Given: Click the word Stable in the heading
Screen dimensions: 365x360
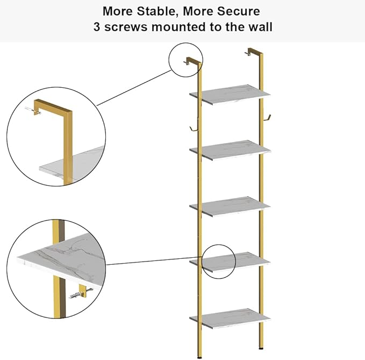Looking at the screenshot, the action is tap(156, 11).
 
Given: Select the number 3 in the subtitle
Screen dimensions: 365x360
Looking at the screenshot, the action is tap(97, 27).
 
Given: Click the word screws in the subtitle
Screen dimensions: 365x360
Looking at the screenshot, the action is tap(126, 27).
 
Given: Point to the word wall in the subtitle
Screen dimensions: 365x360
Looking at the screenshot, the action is tap(260, 27).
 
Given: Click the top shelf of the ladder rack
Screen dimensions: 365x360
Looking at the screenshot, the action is tap(230, 95).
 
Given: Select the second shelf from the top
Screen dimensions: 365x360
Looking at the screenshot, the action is tap(230, 150).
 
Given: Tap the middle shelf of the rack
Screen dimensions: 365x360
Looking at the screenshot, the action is tap(230, 207).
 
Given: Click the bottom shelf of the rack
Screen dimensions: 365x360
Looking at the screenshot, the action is tap(230, 319).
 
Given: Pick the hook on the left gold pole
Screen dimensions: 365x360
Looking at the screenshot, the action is tap(193, 129).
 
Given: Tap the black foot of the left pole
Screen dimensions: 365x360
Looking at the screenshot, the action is tap(199, 357).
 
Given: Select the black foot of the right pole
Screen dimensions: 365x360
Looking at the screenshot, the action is tap(261, 348).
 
